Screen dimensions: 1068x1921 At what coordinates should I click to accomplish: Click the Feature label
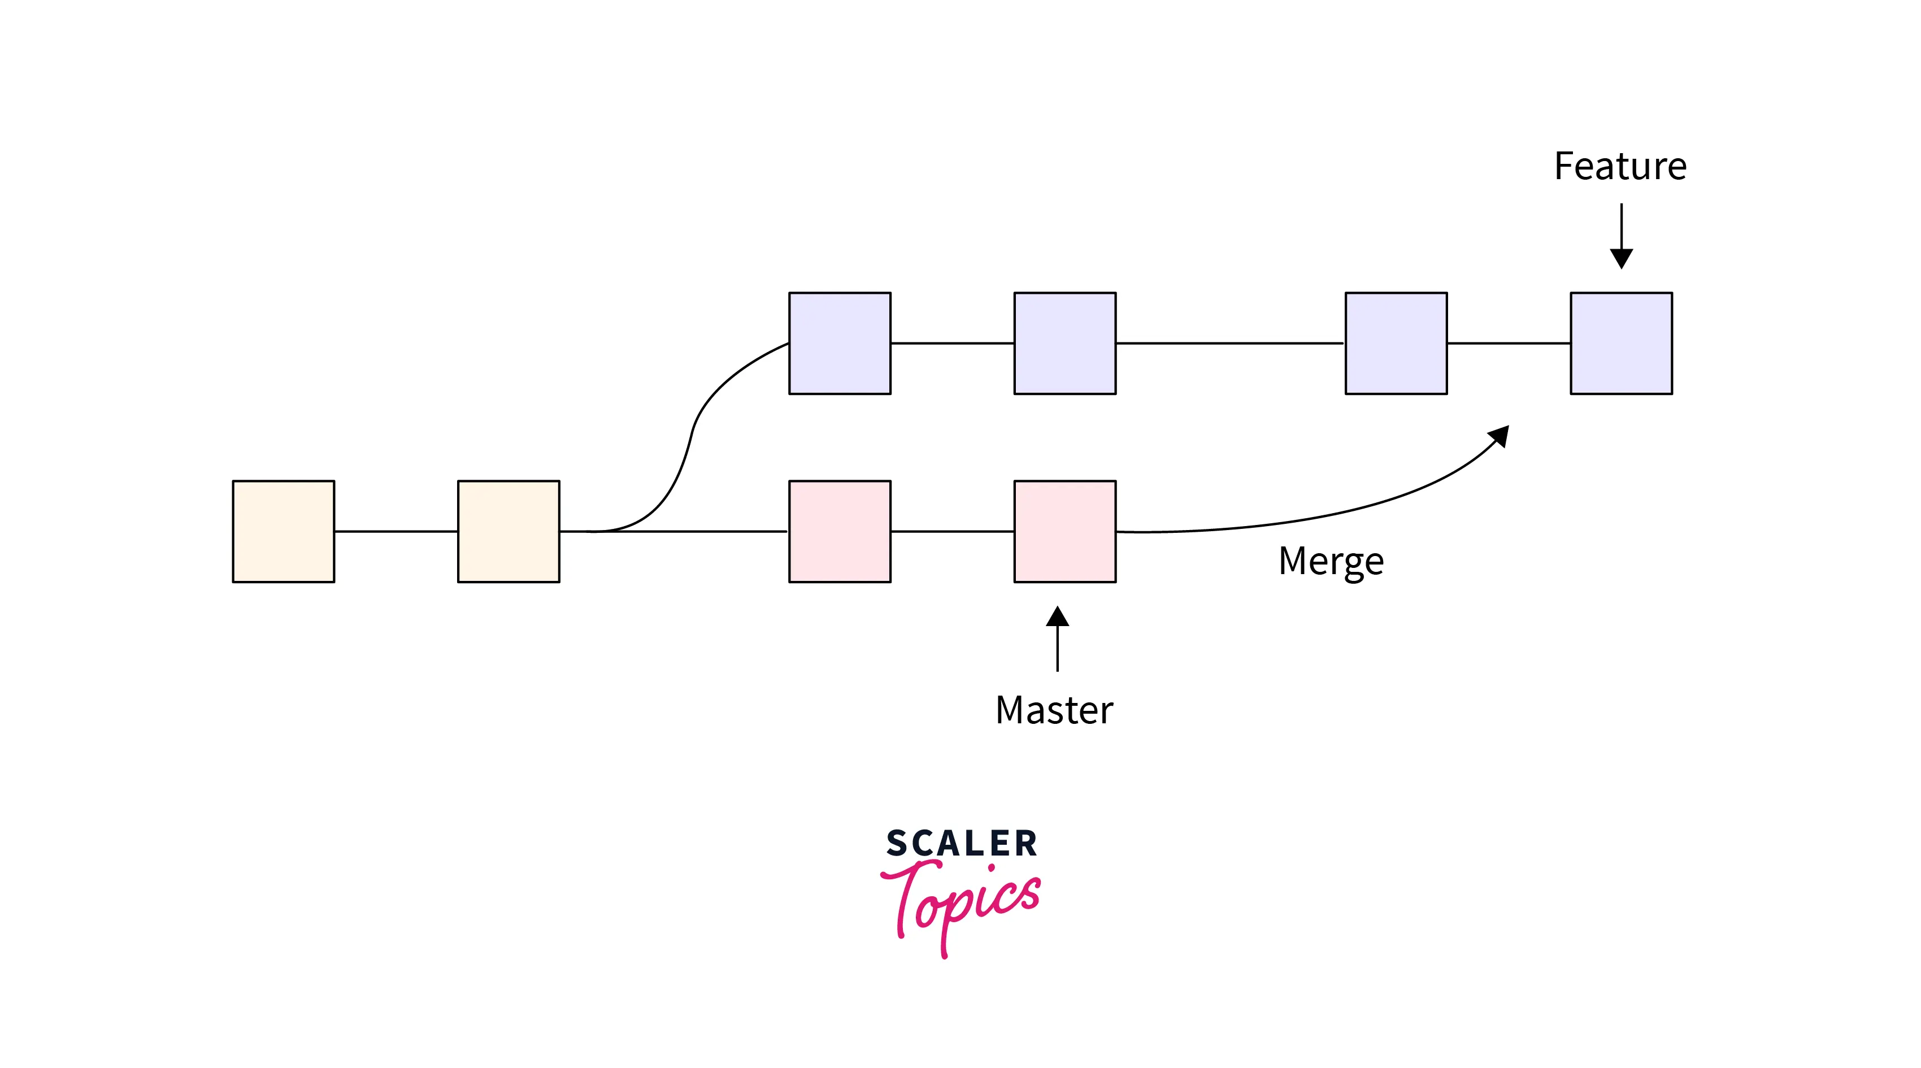[x=1620, y=166]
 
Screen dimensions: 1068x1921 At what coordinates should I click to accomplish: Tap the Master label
[x=1054, y=709]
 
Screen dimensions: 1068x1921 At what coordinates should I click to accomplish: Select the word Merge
[x=1331, y=562]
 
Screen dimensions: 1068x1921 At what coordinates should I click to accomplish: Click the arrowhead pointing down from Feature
[x=1621, y=258]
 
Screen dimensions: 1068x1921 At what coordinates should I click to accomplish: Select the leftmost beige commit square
[x=284, y=531]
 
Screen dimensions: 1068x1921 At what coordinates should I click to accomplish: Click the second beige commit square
[x=508, y=531]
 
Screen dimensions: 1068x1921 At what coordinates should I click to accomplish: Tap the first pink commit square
[x=840, y=531]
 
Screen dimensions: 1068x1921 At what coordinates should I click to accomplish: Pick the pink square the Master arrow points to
[x=1065, y=531]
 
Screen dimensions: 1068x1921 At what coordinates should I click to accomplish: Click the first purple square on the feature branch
[x=840, y=343]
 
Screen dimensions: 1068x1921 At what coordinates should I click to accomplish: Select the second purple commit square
[x=1065, y=343]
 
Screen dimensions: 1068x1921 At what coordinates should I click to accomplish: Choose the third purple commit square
[x=1396, y=343]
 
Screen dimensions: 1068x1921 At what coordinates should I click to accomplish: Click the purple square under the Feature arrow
[x=1621, y=343]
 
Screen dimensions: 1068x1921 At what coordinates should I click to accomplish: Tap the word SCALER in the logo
[x=961, y=844]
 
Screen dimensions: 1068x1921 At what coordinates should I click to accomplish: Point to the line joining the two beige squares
[x=396, y=531]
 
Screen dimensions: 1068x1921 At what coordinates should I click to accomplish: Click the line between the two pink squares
[x=952, y=531]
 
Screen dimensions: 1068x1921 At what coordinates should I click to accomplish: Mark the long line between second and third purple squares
[x=1231, y=343]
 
